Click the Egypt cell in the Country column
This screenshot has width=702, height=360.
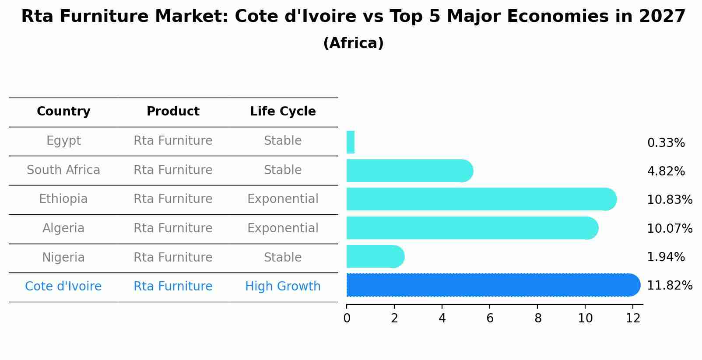point(63,141)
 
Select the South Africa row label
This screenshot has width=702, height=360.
point(63,170)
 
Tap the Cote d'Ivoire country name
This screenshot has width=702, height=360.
point(63,287)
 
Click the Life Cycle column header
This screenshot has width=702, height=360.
point(283,112)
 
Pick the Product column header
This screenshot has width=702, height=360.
point(173,112)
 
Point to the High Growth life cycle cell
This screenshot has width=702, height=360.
point(283,287)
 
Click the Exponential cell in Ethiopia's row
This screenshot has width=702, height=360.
point(283,199)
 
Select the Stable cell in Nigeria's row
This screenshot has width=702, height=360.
point(283,257)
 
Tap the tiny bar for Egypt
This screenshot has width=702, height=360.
point(351,142)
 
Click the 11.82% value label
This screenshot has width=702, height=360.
point(670,286)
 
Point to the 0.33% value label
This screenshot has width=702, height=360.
point(666,143)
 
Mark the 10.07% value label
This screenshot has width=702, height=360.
point(670,229)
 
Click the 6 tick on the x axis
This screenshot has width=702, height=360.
point(490,318)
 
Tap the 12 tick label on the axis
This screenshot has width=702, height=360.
point(633,318)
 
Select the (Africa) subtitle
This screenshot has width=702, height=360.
point(353,43)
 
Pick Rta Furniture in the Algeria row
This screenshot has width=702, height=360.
point(173,228)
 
